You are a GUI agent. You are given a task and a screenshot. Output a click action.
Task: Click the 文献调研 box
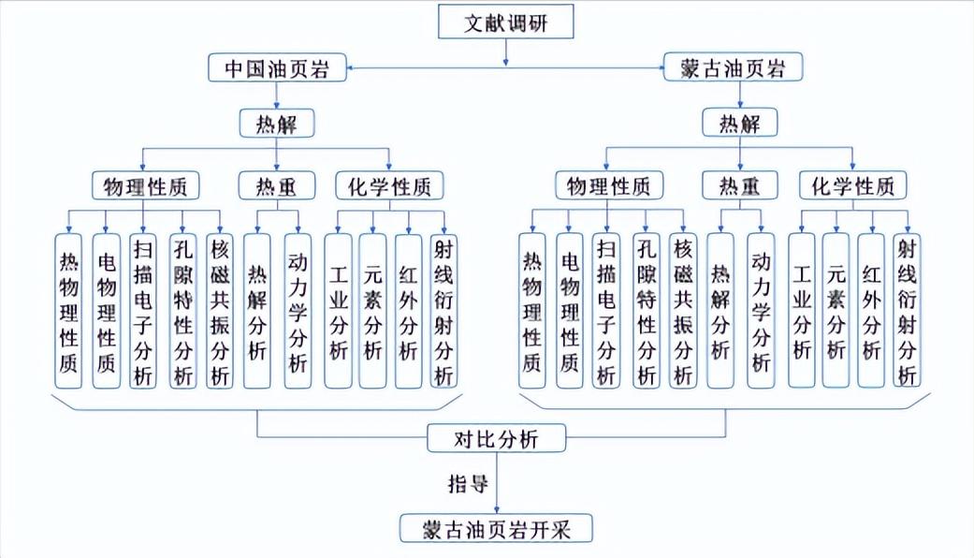click(x=506, y=23)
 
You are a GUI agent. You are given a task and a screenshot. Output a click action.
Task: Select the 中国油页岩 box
click(x=277, y=67)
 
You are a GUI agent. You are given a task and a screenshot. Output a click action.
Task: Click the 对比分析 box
click(x=496, y=438)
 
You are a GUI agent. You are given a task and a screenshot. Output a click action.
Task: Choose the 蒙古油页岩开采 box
click(x=497, y=529)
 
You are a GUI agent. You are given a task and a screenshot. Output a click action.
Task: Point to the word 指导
click(x=464, y=484)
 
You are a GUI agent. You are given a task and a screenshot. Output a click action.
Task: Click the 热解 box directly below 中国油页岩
click(x=276, y=124)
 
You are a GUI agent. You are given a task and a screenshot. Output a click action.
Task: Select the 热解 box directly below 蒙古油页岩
click(x=739, y=124)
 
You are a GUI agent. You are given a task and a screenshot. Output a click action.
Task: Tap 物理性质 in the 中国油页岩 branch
click(x=145, y=186)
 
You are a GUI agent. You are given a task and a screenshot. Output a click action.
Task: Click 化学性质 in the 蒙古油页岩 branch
click(x=852, y=186)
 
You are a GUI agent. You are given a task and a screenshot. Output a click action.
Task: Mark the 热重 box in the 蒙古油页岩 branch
click(x=739, y=186)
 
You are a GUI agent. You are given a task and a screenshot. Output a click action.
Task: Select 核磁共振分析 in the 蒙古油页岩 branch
click(x=683, y=311)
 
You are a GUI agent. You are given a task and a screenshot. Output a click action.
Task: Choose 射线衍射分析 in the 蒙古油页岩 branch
click(x=905, y=311)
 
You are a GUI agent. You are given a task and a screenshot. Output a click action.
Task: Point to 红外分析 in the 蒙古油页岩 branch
click(x=871, y=311)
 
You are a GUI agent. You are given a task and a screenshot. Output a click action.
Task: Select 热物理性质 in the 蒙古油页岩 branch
click(x=532, y=311)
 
